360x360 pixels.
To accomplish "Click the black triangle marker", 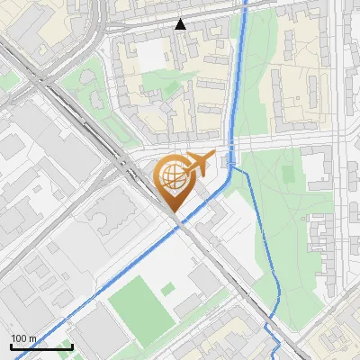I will click(x=180, y=24).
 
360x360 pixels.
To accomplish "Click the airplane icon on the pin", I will click(x=197, y=165).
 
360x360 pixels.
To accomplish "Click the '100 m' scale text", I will click(x=23, y=338).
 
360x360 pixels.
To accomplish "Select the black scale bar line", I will click(x=41, y=346).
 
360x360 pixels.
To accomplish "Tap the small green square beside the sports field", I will click(x=168, y=289).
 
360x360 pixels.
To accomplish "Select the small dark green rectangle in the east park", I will click(x=288, y=170).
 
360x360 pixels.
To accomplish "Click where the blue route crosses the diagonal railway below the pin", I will click(x=180, y=227).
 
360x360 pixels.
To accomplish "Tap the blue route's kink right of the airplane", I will click(x=231, y=163).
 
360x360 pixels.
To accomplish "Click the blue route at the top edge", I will click(x=246, y=4).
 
